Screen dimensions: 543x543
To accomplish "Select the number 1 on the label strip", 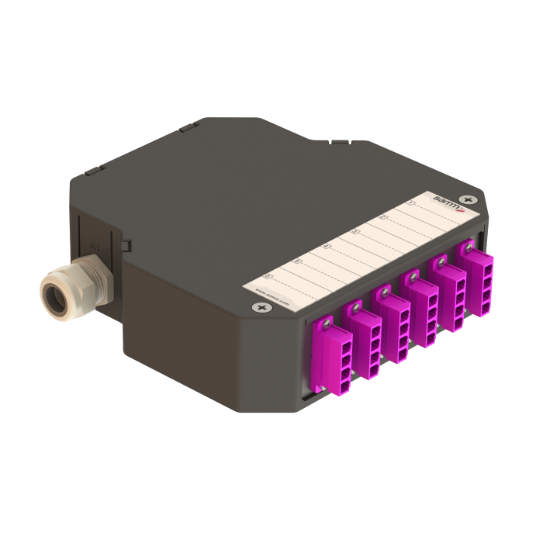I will click(x=411, y=206).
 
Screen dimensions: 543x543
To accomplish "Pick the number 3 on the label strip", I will click(x=355, y=231).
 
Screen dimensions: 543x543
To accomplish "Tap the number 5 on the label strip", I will click(x=297, y=261).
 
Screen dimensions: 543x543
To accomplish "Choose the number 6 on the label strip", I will click(x=268, y=275).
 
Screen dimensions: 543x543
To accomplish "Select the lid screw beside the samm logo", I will click(x=466, y=200).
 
